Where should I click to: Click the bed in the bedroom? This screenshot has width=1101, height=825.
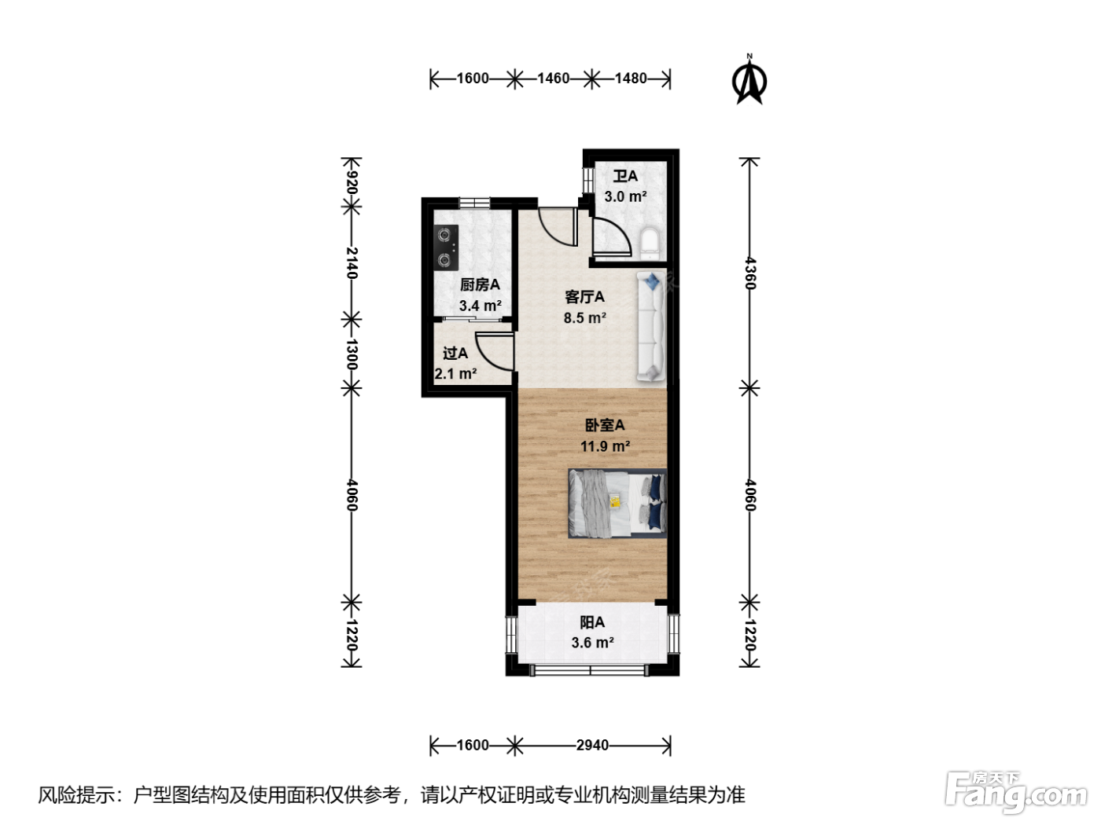point(617,504)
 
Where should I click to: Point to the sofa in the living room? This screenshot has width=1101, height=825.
point(651,326)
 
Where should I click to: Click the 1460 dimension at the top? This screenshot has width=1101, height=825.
point(554,79)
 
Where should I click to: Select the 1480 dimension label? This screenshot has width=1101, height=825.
point(631,79)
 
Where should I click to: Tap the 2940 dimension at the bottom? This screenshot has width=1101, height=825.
point(592,746)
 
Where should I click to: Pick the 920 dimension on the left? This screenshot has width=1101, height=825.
point(352,182)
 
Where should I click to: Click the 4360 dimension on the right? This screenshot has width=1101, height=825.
point(749,273)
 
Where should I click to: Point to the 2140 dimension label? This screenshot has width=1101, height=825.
point(352,263)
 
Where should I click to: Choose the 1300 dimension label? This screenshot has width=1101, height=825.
point(352,354)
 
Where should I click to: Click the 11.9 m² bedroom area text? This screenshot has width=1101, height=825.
point(605,445)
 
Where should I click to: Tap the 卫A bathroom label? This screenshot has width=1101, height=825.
point(625,176)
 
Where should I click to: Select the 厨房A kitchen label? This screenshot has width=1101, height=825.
point(480,284)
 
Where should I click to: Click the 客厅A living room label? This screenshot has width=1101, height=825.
point(584,297)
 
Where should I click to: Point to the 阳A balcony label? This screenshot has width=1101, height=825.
point(592,622)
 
